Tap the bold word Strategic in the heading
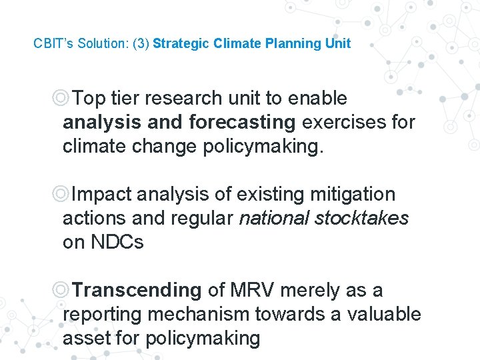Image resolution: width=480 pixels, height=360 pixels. [x=181, y=44]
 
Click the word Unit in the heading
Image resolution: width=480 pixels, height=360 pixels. [x=338, y=44]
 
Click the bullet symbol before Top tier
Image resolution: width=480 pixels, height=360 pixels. [x=61, y=99]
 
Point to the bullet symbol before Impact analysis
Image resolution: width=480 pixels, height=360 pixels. [x=61, y=195]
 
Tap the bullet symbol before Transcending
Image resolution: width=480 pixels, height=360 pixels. [x=61, y=291]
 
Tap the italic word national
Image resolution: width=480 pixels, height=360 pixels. [x=275, y=219]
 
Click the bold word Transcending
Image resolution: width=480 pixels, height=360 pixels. [x=136, y=291]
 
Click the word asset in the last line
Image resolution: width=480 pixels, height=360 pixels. [x=85, y=339]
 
